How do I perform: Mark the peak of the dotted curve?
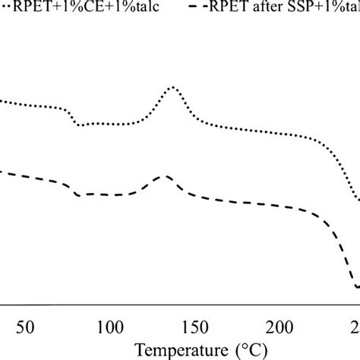click(172, 88)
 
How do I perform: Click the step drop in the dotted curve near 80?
click(74, 118)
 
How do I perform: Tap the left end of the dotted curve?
click(2, 100)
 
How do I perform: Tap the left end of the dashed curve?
click(2, 172)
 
